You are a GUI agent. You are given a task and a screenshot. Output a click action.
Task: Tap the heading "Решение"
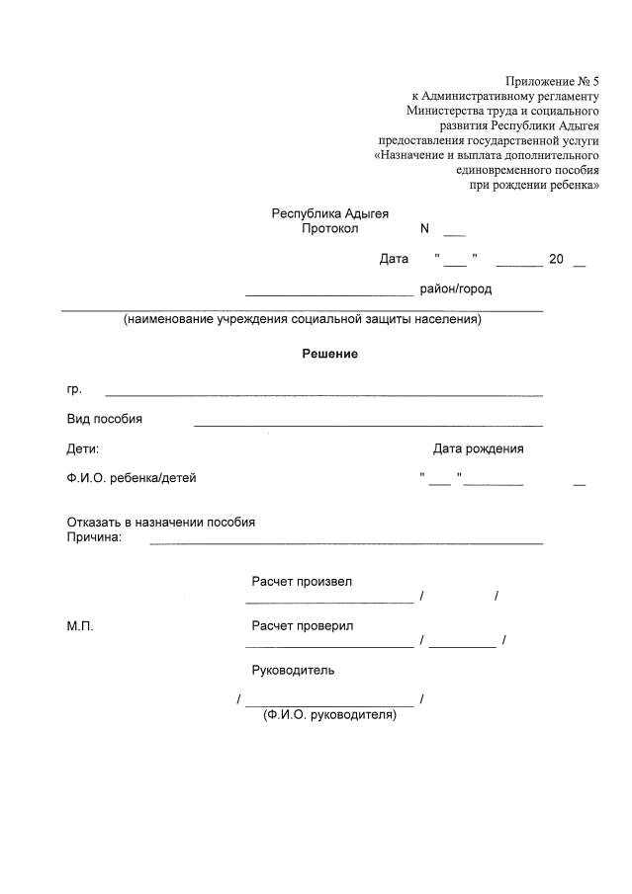[329, 354]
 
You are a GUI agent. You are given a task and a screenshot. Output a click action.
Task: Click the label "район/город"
[456, 289]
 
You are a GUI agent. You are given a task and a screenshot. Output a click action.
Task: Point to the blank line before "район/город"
[328, 293]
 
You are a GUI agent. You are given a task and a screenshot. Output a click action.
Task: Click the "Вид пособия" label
[104, 419]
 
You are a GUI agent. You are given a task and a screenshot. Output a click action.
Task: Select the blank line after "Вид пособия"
[368, 424]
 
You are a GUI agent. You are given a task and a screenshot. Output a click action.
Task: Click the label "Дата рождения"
[478, 448]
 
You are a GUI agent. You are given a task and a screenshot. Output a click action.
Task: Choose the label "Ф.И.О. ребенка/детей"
[132, 478]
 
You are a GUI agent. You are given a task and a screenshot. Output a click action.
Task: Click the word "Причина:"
[94, 537]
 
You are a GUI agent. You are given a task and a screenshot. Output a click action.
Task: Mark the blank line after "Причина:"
[345, 542]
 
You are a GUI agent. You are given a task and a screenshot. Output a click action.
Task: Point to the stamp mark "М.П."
[80, 626]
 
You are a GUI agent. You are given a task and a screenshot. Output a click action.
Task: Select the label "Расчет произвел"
[302, 582]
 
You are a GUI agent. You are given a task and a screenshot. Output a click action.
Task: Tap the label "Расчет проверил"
[302, 626]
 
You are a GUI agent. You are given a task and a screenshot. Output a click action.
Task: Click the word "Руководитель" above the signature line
[293, 671]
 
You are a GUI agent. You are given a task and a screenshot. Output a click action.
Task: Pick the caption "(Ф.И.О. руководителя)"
[329, 715]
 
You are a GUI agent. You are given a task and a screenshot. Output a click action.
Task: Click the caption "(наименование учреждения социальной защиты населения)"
[302, 319]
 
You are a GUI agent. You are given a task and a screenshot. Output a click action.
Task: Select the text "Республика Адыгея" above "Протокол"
[330, 213]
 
